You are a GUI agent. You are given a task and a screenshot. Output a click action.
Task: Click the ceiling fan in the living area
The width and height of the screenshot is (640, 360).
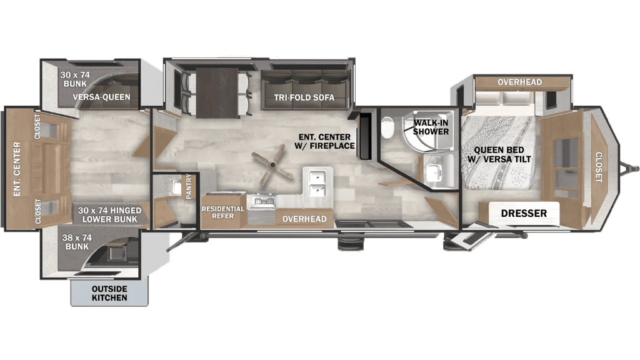272,164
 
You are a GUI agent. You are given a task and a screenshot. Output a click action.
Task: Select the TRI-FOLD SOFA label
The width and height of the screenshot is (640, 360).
304,97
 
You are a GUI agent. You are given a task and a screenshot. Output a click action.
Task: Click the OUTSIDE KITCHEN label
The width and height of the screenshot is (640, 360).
109,293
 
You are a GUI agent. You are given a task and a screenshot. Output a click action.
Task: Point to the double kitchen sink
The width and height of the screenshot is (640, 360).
317,183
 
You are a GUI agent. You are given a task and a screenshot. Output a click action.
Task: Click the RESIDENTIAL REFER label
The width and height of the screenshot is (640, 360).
223,212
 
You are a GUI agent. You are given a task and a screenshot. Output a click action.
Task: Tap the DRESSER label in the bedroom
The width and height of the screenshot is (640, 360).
524,213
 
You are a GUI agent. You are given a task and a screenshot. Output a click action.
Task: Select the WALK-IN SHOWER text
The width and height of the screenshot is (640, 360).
431,127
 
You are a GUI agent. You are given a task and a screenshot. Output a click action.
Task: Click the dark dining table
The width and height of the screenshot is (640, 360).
217,92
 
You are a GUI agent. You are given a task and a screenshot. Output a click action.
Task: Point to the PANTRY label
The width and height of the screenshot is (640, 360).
189,186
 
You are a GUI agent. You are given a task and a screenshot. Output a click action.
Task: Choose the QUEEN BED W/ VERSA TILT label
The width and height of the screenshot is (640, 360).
499,154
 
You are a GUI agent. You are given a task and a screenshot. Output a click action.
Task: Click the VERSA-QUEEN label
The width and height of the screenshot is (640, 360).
102,97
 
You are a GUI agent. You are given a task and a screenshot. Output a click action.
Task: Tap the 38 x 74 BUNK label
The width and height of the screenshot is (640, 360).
77,242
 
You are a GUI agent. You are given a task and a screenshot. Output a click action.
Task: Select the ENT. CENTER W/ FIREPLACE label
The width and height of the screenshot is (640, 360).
324,141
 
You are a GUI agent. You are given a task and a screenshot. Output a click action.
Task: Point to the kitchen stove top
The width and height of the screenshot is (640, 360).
264,199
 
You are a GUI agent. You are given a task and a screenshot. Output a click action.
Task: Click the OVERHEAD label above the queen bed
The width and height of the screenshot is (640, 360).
519,82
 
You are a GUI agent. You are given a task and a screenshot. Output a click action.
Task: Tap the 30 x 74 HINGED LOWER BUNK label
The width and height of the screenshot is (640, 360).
110,215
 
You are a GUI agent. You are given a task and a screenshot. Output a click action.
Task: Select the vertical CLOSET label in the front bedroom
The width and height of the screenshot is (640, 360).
598,167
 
